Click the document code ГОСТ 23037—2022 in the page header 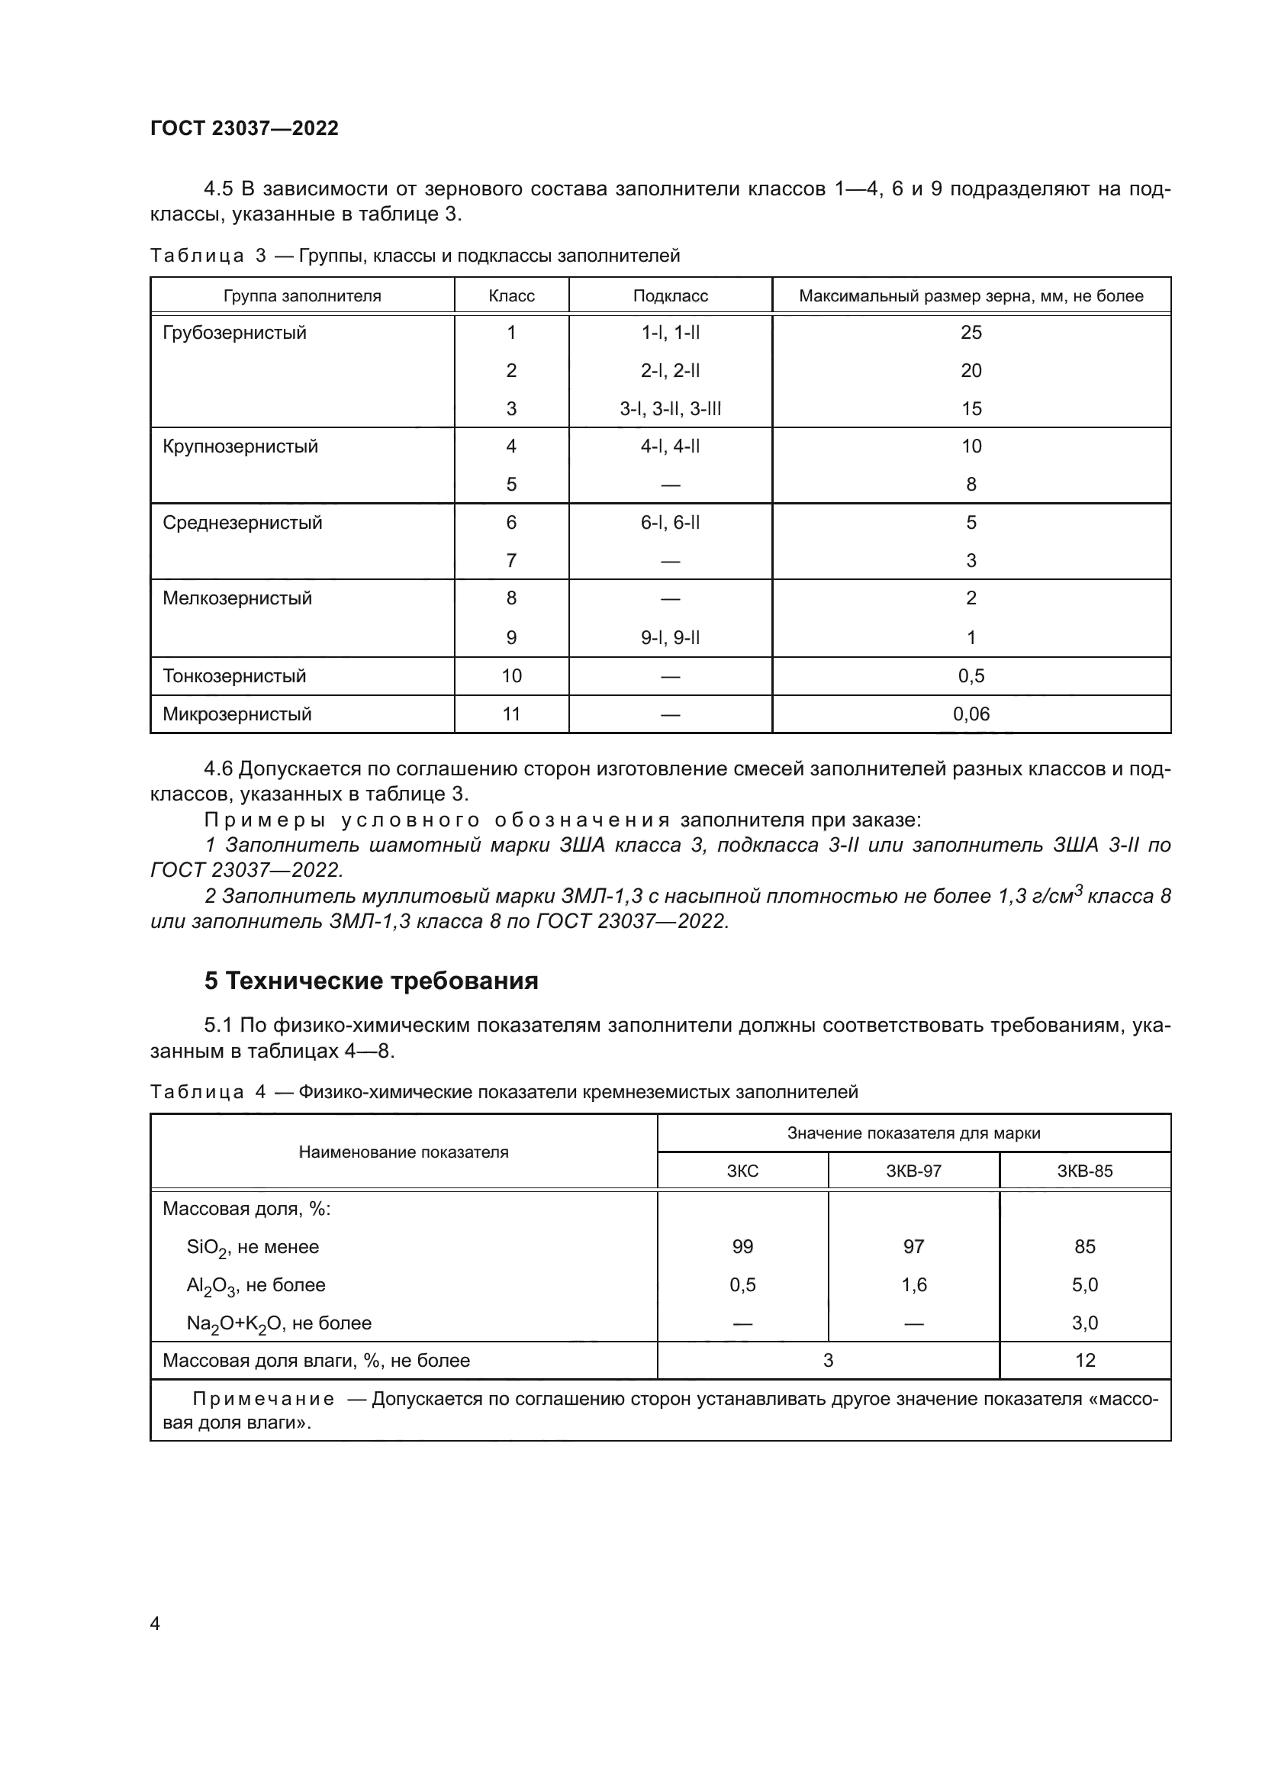244,128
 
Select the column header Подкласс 670,296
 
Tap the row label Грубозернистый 235,333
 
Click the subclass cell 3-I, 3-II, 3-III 670,409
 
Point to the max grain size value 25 971,333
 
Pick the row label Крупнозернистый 240,446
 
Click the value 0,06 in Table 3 971,714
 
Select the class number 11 511,714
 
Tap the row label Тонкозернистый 235,675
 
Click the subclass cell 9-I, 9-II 670,637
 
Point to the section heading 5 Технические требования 371,981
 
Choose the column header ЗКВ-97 913,1171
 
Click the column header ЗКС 742,1171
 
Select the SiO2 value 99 742,1246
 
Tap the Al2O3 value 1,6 913,1284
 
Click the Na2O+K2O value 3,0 1084,1323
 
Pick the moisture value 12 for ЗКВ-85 1084,1361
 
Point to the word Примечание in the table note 263,1400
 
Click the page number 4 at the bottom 155,1624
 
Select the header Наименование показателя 404,1152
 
